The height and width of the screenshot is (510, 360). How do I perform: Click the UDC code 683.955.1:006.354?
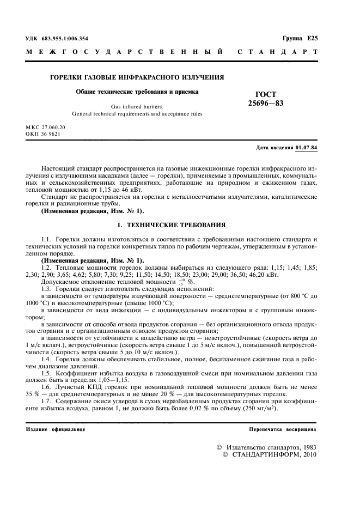[x=64, y=39]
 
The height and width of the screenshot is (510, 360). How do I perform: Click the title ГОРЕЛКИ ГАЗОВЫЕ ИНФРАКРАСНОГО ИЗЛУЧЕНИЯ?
[x=137, y=77]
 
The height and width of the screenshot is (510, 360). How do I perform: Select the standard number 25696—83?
[x=266, y=103]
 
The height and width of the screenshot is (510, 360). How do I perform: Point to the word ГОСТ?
[x=266, y=94]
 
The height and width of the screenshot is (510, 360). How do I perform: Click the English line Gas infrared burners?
[x=137, y=107]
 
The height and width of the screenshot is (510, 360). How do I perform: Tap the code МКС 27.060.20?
[x=45, y=127]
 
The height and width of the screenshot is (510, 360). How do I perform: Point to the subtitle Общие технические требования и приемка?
[x=137, y=92]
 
